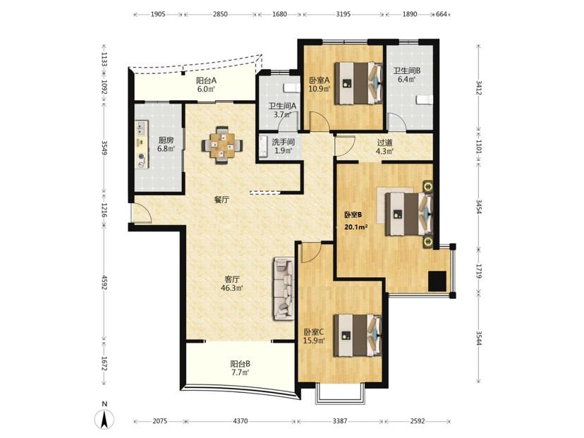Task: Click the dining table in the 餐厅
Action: [x=222, y=145]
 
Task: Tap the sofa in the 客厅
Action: [x=284, y=288]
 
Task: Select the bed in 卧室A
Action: [x=358, y=83]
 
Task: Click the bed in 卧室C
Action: [x=358, y=336]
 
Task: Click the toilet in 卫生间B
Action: [x=425, y=100]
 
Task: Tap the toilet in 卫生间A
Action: [x=291, y=87]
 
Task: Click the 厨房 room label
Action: [x=166, y=140]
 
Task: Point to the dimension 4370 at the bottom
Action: [x=241, y=421]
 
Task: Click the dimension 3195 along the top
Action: [x=343, y=15]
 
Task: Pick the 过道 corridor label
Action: [x=384, y=142]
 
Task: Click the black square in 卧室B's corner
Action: [x=437, y=281]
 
